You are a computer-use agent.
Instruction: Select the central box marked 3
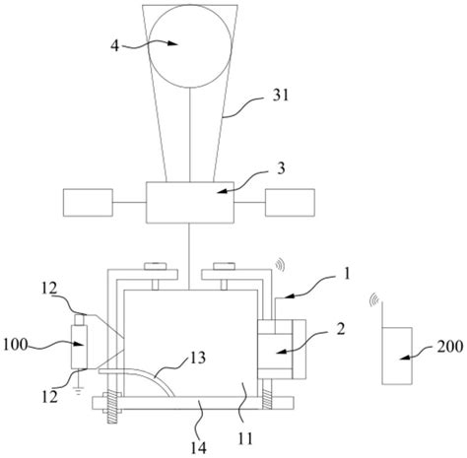coord(191,203)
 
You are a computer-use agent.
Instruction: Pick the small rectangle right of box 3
coord(291,203)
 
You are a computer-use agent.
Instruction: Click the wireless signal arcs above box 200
coord(374,299)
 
